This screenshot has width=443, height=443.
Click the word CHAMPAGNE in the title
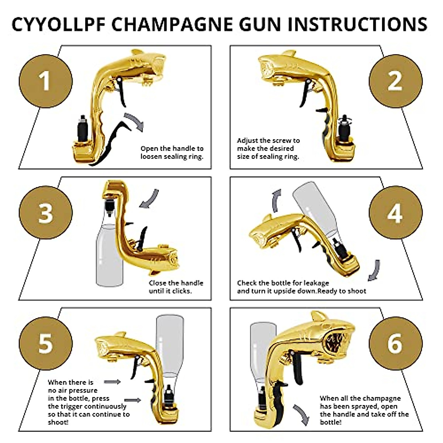pyautogui.click(x=172, y=24)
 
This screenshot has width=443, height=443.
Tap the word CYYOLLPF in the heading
pyautogui.click(x=59, y=24)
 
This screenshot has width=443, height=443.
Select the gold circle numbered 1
pyautogui.click(x=45, y=81)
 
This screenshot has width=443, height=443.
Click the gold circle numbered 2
pyautogui.click(x=396, y=81)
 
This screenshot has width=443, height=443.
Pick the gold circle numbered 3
pyautogui.click(x=45, y=213)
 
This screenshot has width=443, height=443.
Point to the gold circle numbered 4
pyautogui.click(x=396, y=213)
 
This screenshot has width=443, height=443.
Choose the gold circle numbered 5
pyautogui.click(x=45, y=343)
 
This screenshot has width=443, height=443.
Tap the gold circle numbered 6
pyautogui.click(x=396, y=343)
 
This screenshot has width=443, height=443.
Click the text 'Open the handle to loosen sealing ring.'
pyautogui.click(x=172, y=152)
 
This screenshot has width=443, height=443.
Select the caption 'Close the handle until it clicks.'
pyautogui.click(x=176, y=287)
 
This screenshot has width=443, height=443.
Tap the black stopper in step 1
pyautogui.click(x=82, y=129)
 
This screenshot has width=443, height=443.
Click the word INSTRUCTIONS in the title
pyautogui.click(x=357, y=24)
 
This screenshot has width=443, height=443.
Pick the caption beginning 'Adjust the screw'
pyautogui.click(x=268, y=148)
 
